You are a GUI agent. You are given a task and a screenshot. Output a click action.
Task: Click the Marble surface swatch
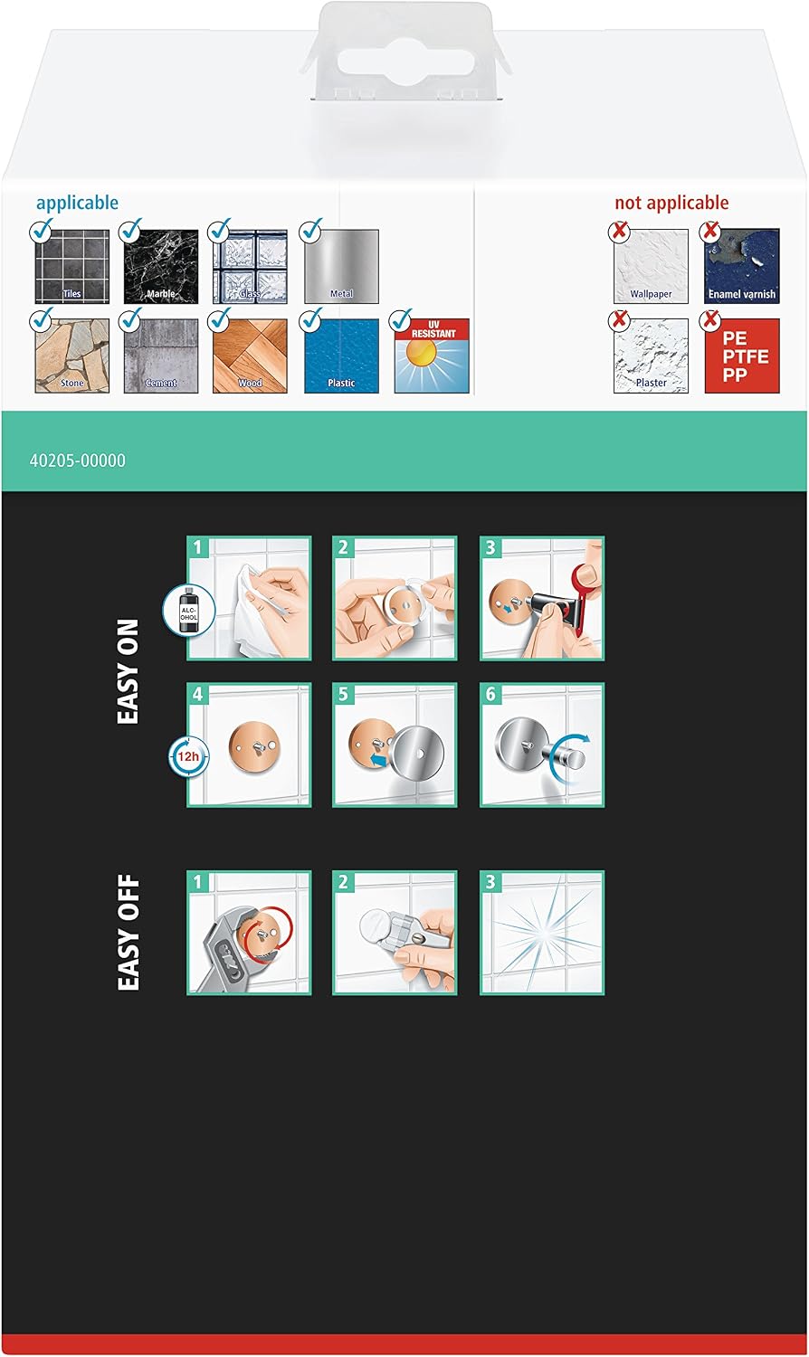(160, 267)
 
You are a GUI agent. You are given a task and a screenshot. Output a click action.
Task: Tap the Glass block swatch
(250, 267)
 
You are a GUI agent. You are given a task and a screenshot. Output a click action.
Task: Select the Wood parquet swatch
(250, 356)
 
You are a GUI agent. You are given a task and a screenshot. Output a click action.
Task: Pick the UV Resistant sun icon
(432, 356)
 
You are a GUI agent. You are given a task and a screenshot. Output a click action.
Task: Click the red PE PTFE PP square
(742, 356)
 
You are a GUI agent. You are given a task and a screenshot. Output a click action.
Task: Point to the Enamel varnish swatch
(742, 266)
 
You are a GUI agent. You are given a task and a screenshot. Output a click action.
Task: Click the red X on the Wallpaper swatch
(619, 230)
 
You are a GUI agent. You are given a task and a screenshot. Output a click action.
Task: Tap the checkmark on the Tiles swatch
(42, 230)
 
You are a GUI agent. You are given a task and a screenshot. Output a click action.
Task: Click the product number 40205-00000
(78, 460)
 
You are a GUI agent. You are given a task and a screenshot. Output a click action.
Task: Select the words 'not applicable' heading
(671, 203)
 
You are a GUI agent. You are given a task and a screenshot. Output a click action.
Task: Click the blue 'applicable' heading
(77, 203)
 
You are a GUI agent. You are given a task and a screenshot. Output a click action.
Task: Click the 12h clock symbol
(188, 756)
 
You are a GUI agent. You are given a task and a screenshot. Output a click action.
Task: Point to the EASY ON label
(128, 671)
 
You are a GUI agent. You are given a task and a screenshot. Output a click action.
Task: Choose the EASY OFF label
(128, 933)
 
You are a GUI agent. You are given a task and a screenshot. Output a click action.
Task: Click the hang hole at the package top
(405, 62)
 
